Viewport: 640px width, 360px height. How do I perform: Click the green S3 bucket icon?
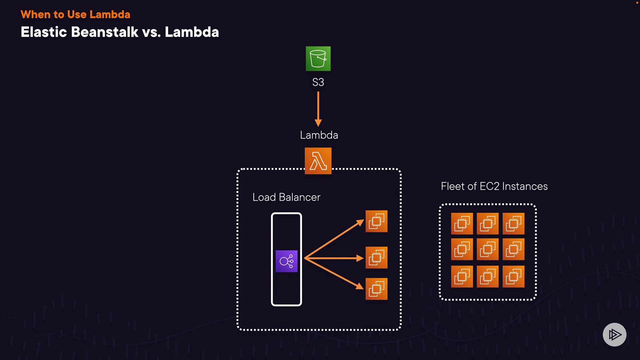click(318, 59)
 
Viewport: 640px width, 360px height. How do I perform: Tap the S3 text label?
click(318, 82)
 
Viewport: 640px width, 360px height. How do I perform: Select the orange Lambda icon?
click(318, 161)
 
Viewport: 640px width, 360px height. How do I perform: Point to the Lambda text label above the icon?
click(319, 135)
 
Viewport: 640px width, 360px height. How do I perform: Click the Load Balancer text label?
click(286, 197)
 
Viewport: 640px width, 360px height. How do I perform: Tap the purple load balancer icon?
click(286, 261)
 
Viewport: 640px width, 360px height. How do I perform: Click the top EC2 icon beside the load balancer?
click(376, 221)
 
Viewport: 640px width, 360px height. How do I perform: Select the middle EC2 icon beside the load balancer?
click(376, 258)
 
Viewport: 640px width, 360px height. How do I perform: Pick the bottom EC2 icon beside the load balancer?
click(376, 289)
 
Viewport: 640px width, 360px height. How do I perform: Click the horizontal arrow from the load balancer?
click(333, 258)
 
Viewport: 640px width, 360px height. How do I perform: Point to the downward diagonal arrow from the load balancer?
click(333, 274)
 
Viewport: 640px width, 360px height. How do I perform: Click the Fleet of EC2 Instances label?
click(494, 186)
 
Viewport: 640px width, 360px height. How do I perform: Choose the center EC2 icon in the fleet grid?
click(488, 249)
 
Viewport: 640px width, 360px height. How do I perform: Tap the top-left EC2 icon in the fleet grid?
click(462, 224)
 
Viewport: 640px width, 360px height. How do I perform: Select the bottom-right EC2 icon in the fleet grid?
click(513, 276)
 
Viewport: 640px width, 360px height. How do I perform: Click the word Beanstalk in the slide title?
click(104, 32)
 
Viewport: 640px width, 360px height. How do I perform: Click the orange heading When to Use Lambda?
click(75, 14)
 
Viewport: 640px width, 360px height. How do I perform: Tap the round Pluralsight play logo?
click(614, 334)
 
